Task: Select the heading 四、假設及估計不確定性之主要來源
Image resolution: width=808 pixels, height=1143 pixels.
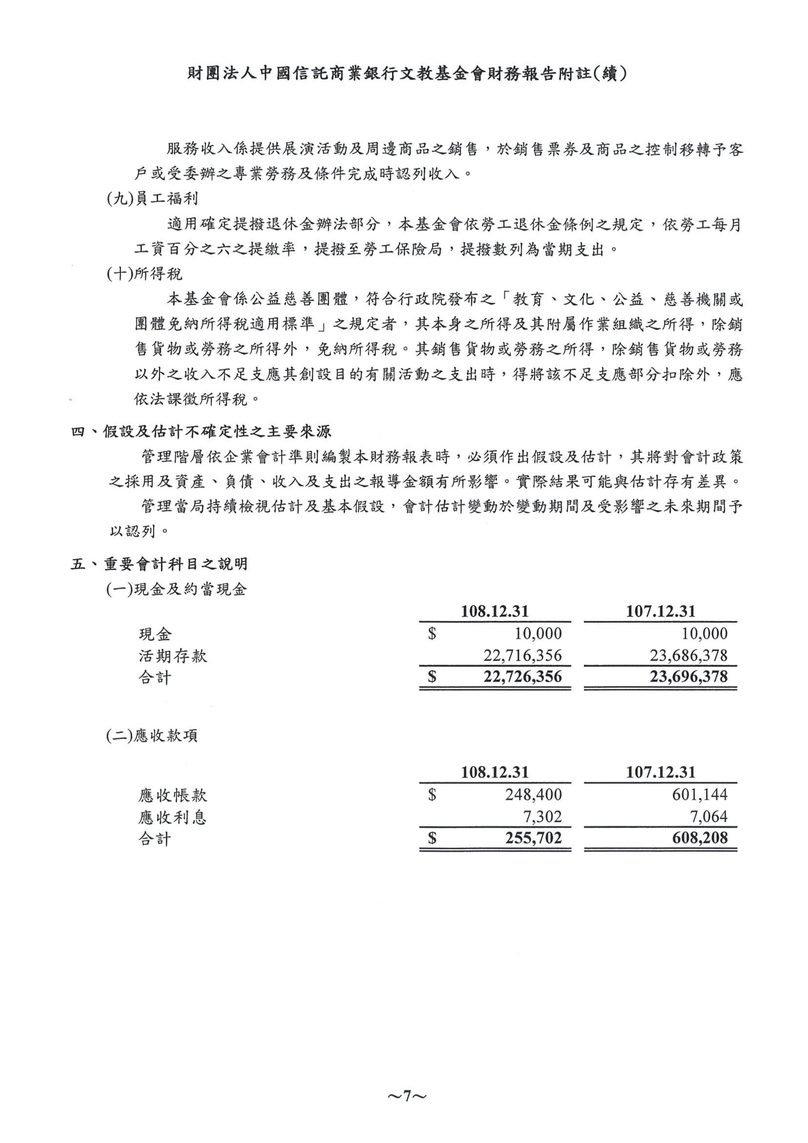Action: click(201, 431)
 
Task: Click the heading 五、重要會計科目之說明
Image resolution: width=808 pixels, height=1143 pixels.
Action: click(159, 564)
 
